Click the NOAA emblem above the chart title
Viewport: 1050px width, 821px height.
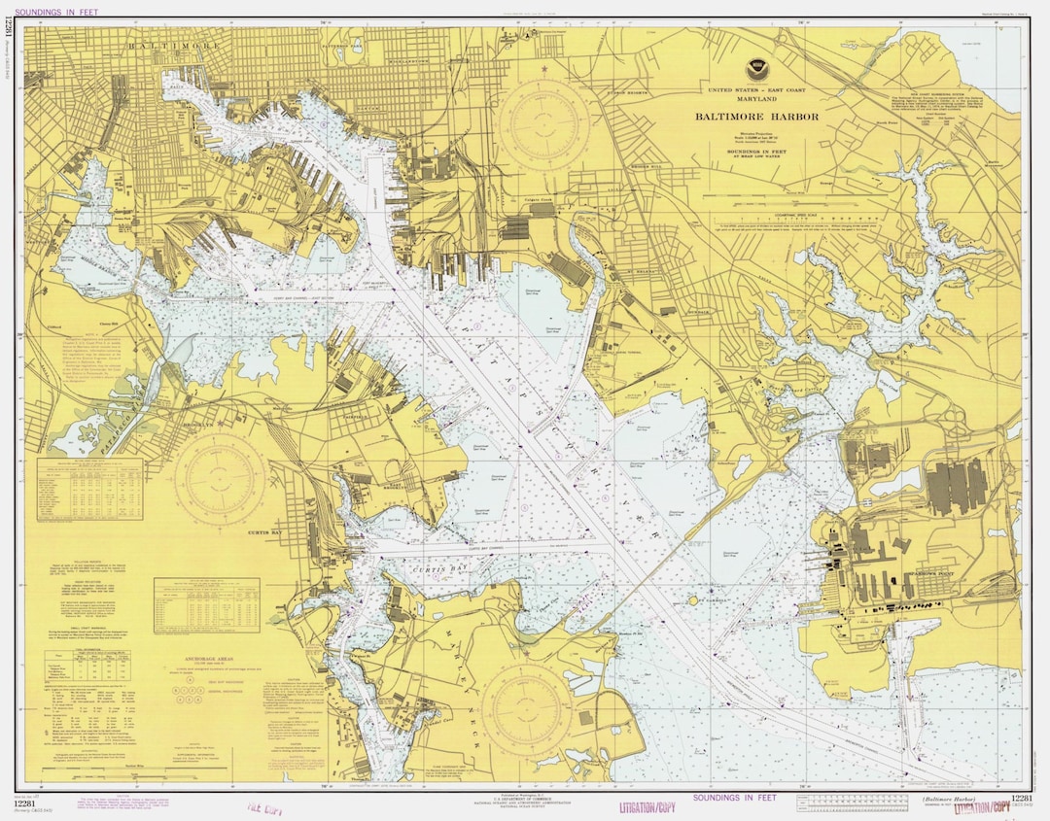click(x=755, y=70)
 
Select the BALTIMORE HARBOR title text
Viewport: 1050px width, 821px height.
click(x=756, y=117)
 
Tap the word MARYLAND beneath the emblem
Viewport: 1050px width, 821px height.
click(x=755, y=99)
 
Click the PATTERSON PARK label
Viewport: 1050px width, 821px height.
click(x=341, y=45)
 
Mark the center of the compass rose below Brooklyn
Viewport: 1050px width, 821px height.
click(x=221, y=477)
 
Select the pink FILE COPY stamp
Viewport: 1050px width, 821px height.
click(x=266, y=805)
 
